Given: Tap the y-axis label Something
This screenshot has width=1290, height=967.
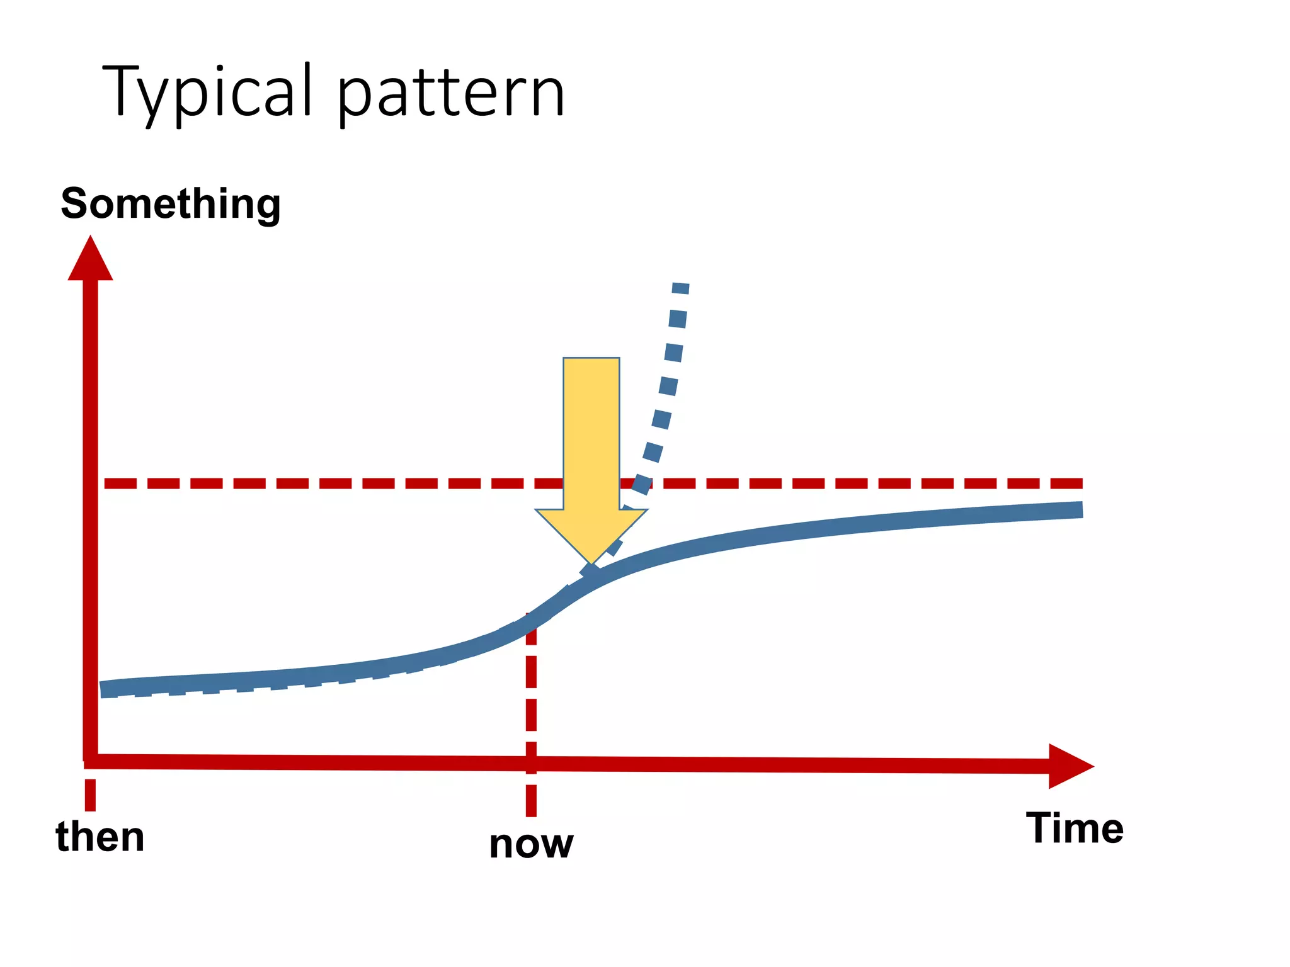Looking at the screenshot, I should (170, 204).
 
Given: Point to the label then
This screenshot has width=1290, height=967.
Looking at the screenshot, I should (100, 837).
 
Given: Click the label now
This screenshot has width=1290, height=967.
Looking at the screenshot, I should (531, 844).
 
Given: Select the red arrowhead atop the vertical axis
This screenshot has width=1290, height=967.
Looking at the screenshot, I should (90, 261).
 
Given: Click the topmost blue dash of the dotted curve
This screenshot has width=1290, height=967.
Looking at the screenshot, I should (681, 288).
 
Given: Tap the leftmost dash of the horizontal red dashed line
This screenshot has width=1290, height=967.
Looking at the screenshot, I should (120, 483).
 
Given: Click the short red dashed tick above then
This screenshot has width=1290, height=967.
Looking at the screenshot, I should (90, 795).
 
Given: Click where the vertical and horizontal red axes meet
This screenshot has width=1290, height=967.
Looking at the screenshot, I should (91, 761).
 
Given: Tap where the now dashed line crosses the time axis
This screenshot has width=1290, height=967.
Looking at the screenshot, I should (531, 764).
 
